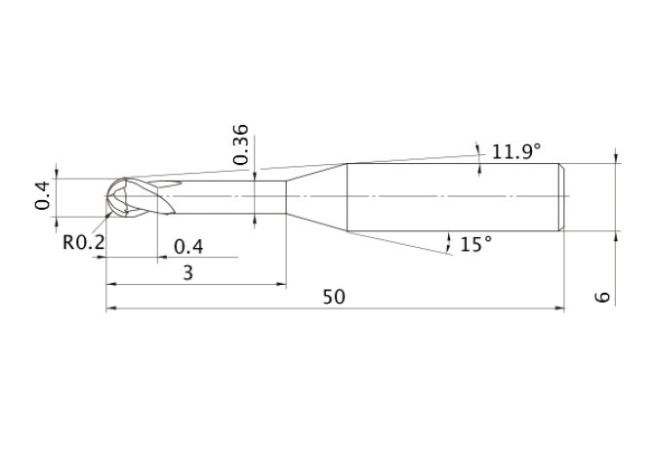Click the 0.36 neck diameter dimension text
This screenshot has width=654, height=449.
tap(241, 144)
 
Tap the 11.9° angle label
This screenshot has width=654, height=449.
tap(516, 151)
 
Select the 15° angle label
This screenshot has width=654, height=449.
tap(476, 244)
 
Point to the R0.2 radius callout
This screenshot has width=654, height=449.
tap(83, 242)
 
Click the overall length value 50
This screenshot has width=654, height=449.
tap(334, 297)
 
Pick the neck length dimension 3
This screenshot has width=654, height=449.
tap(188, 273)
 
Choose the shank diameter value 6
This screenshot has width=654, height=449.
tap(602, 297)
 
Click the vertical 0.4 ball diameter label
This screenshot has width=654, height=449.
tap(43, 195)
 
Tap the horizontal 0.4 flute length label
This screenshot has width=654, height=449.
tap(188, 247)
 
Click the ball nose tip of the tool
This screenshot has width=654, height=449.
tap(106, 196)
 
